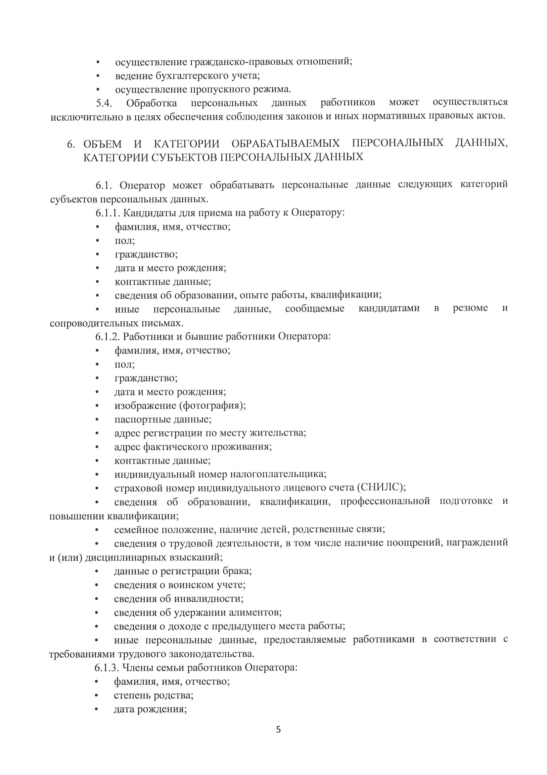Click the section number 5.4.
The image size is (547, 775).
(104, 103)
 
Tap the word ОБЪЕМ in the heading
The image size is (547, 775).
(103, 144)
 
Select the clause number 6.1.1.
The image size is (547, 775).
(108, 213)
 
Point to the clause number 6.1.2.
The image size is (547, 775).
(108, 336)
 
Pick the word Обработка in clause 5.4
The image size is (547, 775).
(151, 103)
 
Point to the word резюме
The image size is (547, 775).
(470, 308)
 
